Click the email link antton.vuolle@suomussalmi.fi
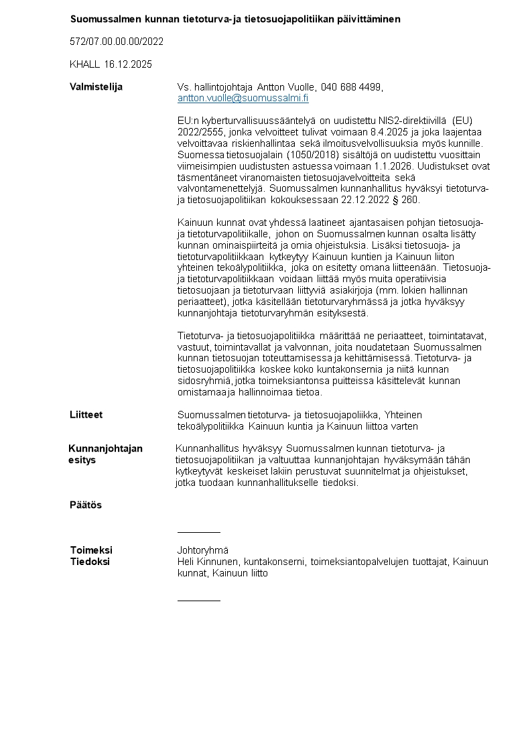point(243,98)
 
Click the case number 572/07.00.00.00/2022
point(117,42)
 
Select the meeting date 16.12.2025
point(128,64)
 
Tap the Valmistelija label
point(96,87)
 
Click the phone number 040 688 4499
point(351,87)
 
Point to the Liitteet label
point(86,415)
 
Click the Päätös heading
point(86,505)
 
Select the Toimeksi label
point(91,550)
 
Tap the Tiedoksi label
point(90,562)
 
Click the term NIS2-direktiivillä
point(409,121)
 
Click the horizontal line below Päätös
point(198,532)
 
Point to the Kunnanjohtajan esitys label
point(105,454)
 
